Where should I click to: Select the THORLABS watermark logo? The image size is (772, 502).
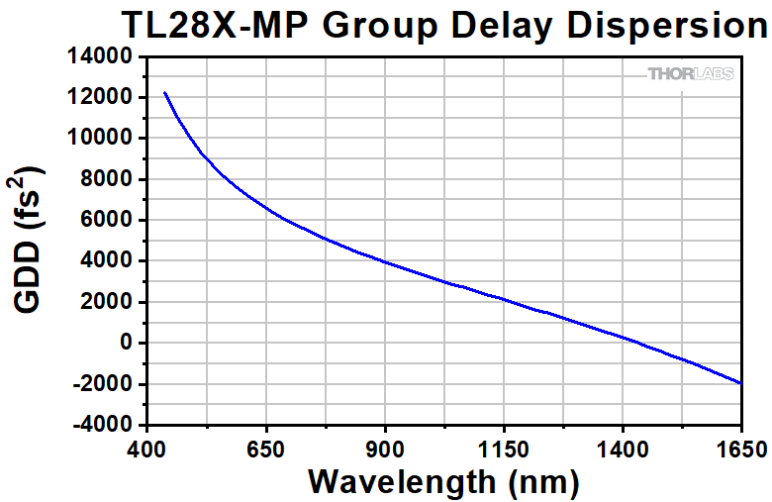tap(690, 74)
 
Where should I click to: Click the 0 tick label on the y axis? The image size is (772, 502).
tap(126, 343)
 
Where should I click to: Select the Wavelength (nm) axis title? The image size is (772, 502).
tap(442, 481)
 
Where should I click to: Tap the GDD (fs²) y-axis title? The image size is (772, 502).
tap(31, 241)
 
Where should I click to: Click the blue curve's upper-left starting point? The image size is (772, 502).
tap(164, 92)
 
